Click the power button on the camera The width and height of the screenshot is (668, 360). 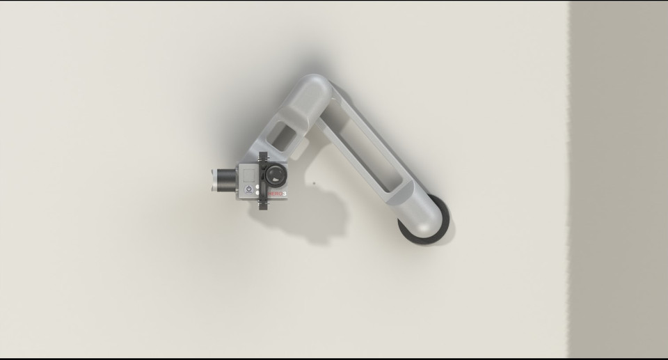coord(248,189)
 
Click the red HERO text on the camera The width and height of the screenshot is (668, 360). coord(276,194)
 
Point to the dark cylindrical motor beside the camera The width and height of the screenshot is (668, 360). coord(225,179)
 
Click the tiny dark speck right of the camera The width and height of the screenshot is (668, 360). coord(313,184)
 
